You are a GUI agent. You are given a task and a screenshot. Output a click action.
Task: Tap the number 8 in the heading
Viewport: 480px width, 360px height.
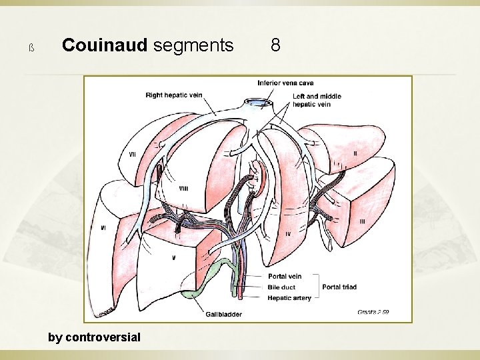[x=275, y=45]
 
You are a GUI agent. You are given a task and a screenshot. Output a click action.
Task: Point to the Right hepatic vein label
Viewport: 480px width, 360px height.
[x=174, y=95]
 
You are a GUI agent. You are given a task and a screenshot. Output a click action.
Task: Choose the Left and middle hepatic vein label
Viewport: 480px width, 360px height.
[x=317, y=100]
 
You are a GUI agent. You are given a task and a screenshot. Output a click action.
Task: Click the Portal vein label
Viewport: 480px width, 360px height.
[x=285, y=276]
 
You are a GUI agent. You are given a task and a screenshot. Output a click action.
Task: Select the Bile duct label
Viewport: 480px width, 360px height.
[x=282, y=287]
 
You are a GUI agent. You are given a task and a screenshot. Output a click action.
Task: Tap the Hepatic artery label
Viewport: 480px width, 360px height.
[x=289, y=298]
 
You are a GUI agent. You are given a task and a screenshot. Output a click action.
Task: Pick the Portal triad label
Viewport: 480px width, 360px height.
[x=339, y=287]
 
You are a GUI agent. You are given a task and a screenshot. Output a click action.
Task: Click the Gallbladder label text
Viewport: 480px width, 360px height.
[x=223, y=314]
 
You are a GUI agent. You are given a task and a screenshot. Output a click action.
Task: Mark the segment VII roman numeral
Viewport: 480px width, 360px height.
[x=133, y=155]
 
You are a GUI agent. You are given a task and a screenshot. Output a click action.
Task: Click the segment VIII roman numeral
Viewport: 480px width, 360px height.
[x=183, y=189]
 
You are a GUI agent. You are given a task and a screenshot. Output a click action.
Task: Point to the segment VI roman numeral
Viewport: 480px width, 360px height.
[x=103, y=227]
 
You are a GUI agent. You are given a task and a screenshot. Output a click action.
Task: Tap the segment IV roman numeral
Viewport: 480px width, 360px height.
[x=287, y=234]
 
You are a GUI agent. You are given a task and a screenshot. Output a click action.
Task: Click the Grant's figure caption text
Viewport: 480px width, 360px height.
[x=373, y=311]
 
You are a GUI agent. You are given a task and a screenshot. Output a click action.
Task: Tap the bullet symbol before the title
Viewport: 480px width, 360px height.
[x=31, y=47]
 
